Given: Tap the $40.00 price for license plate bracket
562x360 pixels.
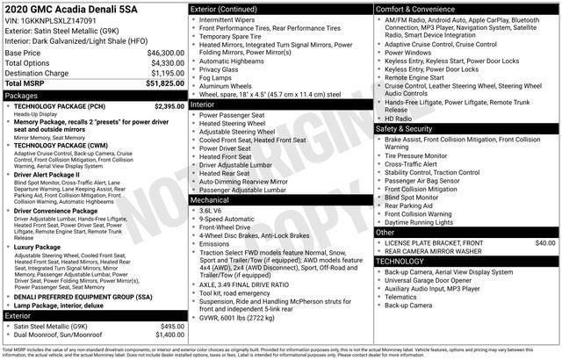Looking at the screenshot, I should click(x=545, y=242).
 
